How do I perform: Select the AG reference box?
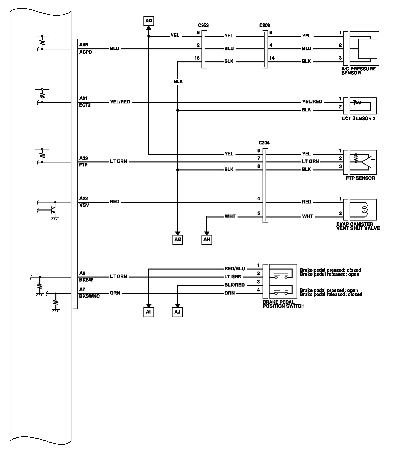(x=178, y=240)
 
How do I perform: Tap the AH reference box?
(x=207, y=240)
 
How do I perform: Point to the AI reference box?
(x=149, y=312)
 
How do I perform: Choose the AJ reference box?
(x=178, y=312)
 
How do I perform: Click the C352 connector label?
(x=204, y=25)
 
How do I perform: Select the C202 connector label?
(x=265, y=25)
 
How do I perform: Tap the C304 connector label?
(x=264, y=143)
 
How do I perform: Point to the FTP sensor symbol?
(x=362, y=161)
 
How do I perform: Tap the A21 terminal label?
(x=83, y=98)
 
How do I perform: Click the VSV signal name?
(x=84, y=205)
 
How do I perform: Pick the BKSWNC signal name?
(x=89, y=296)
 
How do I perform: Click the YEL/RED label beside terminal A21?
(x=120, y=102)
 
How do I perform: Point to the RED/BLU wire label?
(x=235, y=269)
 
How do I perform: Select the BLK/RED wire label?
(x=235, y=285)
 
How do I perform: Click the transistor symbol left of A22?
(x=52, y=210)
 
